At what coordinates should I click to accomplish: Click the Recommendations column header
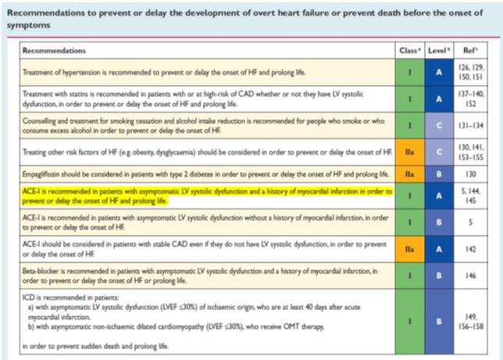54,51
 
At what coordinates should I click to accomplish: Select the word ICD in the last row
30,298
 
